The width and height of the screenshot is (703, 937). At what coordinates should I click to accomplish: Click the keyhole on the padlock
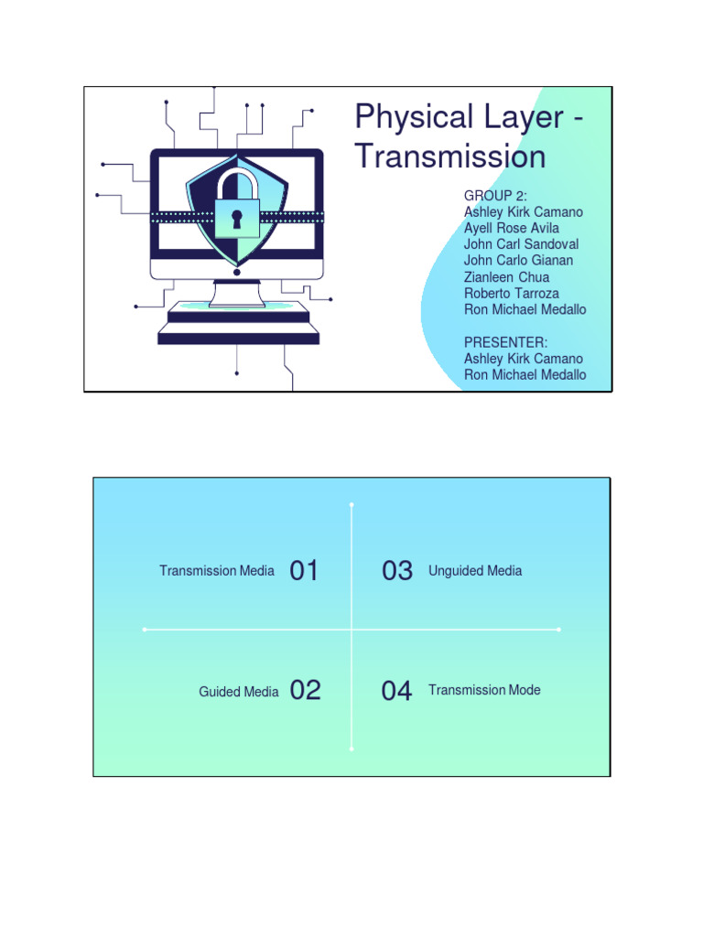tap(236, 218)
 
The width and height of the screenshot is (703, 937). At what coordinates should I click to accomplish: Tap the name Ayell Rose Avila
tap(512, 228)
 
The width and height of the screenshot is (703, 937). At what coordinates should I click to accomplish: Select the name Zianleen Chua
tap(506, 277)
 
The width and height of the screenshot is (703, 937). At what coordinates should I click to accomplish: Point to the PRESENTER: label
tap(506, 342)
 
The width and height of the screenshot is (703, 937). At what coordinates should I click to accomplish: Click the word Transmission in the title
tap(449, 156)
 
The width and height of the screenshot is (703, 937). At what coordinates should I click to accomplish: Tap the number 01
tap(304, 571)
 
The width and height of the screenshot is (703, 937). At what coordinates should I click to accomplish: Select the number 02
tap(306, 691)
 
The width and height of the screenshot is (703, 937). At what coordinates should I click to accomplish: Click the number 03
tap(397, 571)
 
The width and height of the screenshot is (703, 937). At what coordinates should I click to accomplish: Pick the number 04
tap(397, 691)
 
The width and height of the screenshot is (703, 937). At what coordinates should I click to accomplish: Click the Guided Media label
tap(239, 692)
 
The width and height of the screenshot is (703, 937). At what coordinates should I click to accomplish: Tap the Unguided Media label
tap(475, 571)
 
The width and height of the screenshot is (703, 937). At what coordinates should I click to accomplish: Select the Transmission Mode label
tap(484, 690)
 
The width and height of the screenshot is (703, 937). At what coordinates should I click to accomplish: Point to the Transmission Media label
tap(217, 571)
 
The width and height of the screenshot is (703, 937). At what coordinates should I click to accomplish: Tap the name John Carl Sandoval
tap(521, 244)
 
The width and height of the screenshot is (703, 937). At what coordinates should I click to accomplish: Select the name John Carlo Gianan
tap(518, 261)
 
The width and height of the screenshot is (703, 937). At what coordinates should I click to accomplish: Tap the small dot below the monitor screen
tap(237, 273)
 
